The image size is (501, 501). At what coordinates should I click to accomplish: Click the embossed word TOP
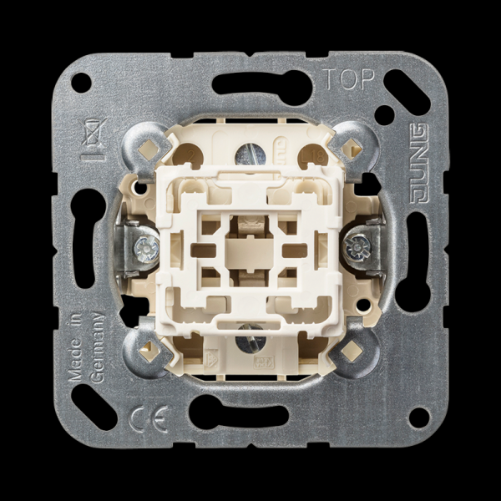tap(348, 79)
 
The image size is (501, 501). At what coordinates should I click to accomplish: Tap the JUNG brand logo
tap(419, 164)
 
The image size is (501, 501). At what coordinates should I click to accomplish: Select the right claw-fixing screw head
tap(357, 247)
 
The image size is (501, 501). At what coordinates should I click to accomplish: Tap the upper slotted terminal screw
tap(250, 155)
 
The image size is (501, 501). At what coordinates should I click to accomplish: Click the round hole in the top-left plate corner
tap(81, 83)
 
